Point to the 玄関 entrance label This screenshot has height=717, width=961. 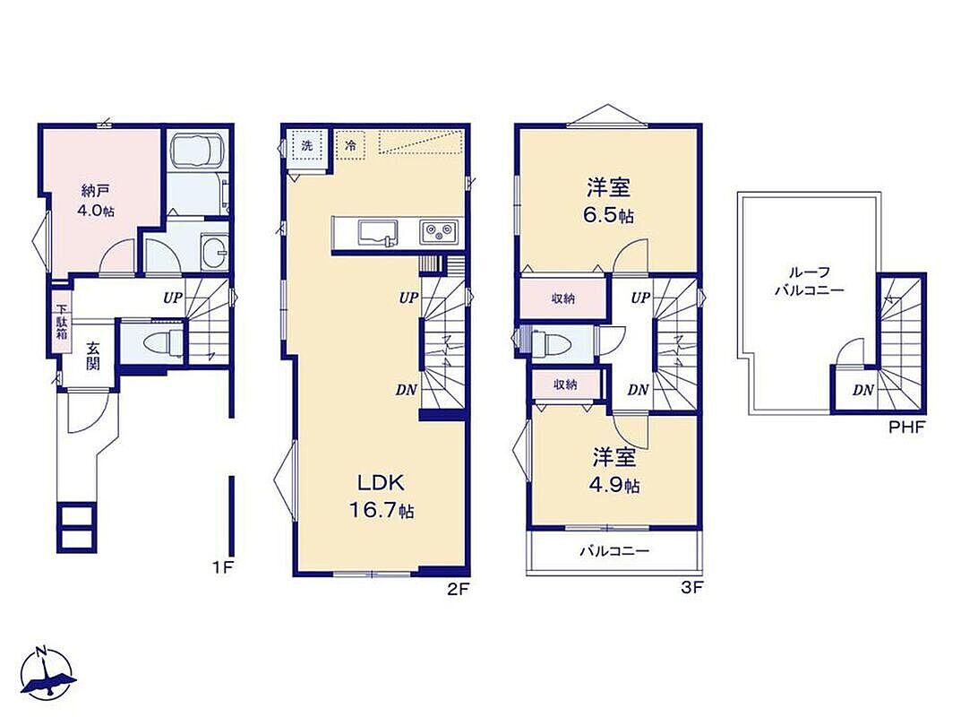92,355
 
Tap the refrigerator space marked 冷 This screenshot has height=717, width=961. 350,146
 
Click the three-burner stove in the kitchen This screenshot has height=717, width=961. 439,232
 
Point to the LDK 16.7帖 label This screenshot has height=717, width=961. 382,497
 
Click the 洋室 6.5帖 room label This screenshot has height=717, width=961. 609,201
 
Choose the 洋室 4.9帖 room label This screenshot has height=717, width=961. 614,471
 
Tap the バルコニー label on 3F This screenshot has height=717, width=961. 614,551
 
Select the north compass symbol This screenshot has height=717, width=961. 47,672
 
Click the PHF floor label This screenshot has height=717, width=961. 907,427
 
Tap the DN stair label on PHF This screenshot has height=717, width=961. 863,390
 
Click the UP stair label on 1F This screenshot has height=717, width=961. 173,298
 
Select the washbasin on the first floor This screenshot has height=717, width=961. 214,252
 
